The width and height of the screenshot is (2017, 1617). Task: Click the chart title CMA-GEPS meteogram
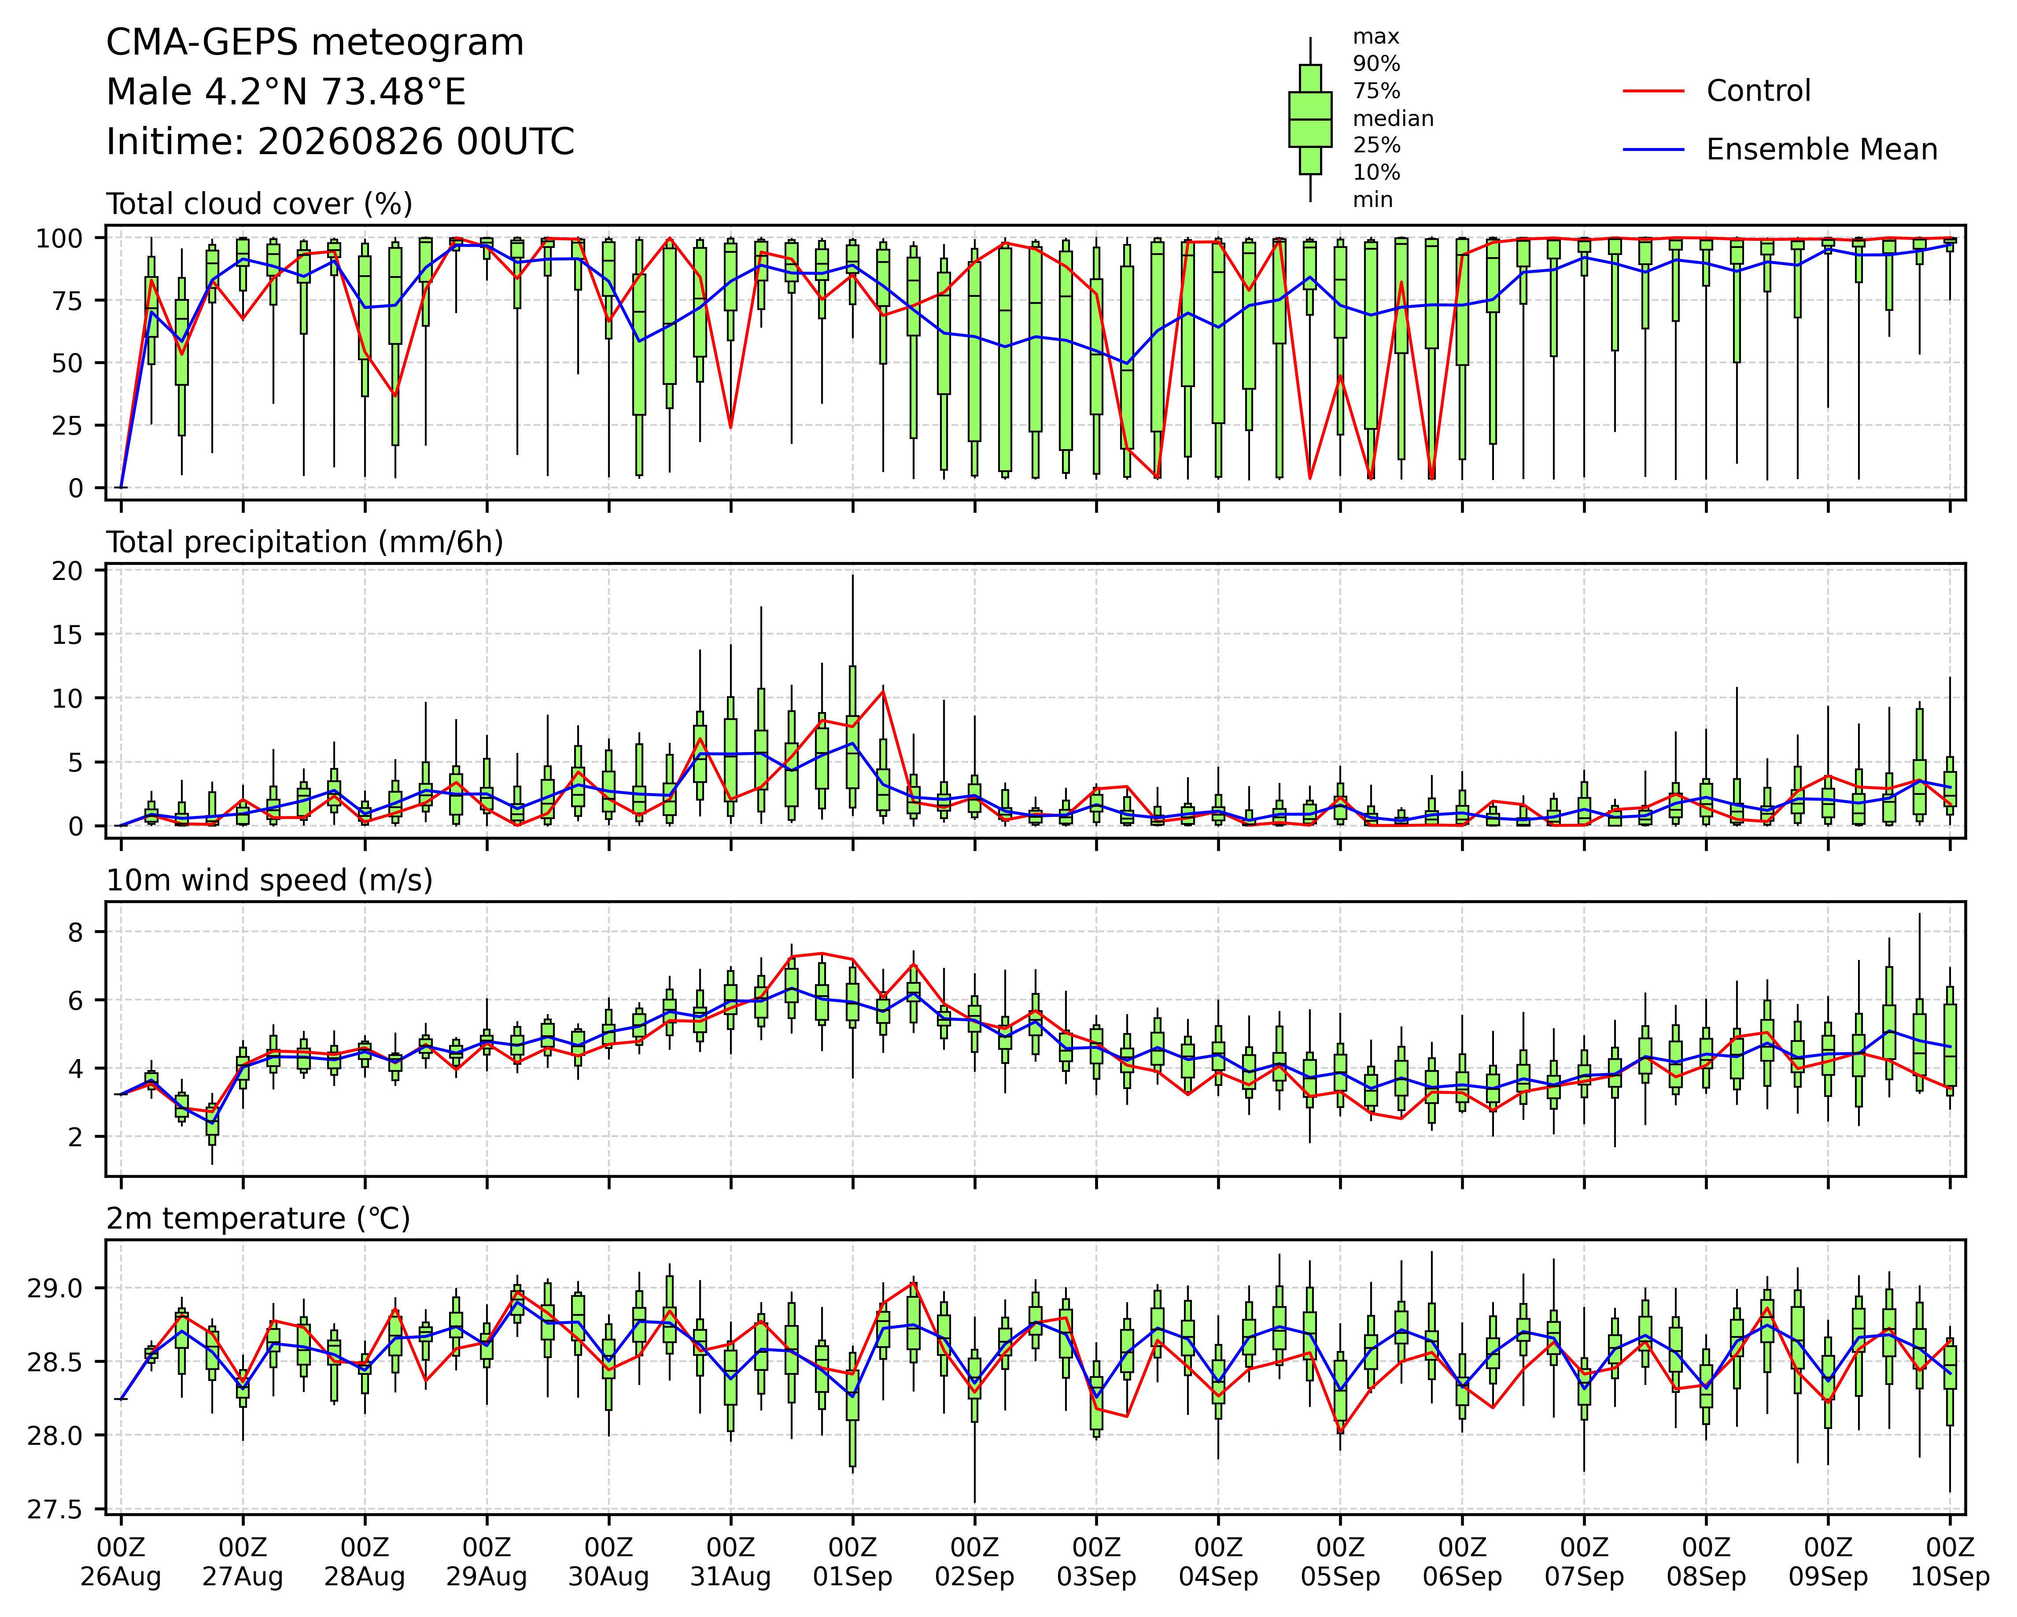point(315,43)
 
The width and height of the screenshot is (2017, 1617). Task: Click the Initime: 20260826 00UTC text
point(340,142)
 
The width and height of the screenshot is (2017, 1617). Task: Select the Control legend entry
point(1717,91)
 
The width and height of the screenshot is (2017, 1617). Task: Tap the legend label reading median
point(1393,119)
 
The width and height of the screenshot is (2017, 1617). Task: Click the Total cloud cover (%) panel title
point(259,204)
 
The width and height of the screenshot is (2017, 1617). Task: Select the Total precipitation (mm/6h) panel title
point(305,543)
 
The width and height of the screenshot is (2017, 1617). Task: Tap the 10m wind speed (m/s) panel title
point(269,881)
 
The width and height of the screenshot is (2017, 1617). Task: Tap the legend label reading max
point(1376,37)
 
